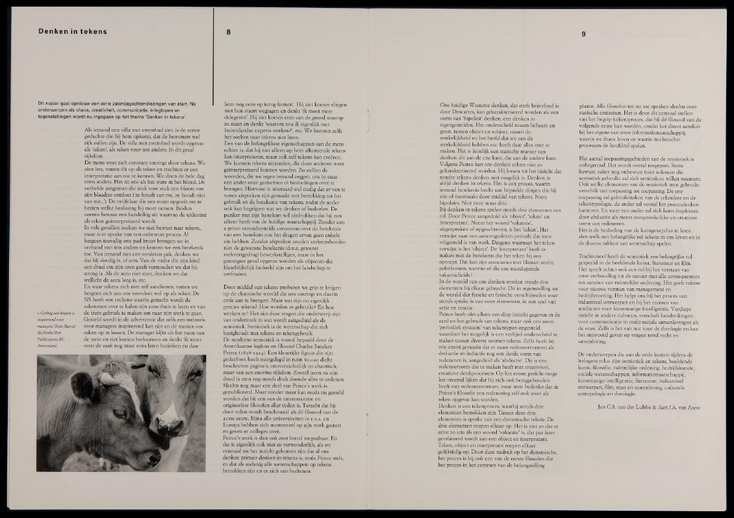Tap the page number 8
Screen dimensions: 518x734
[229, 32]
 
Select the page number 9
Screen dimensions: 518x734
[583, 34]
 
